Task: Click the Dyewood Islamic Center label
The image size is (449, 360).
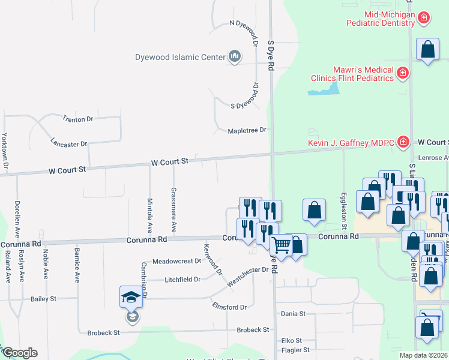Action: [x=179, y=58]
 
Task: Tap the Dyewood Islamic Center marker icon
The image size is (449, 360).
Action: [x=234, y=57]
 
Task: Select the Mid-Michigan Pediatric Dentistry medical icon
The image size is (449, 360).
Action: [x=423, y=17]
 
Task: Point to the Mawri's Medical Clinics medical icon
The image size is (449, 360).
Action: [x=402, y=74]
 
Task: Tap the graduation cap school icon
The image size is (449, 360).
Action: [x=132, y=298]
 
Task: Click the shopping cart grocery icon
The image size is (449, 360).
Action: [x=280, y=245]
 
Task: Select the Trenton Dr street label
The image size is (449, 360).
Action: [x=79, y=119]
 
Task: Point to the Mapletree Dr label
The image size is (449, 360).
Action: [x=247, y=130]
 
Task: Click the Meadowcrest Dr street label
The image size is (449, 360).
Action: [x=176, y=261]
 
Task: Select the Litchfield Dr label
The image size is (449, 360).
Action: [x=183, y=280]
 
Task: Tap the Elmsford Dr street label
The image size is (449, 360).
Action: [x=229, y=307]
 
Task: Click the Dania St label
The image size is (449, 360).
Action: [x=294, y=313]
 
